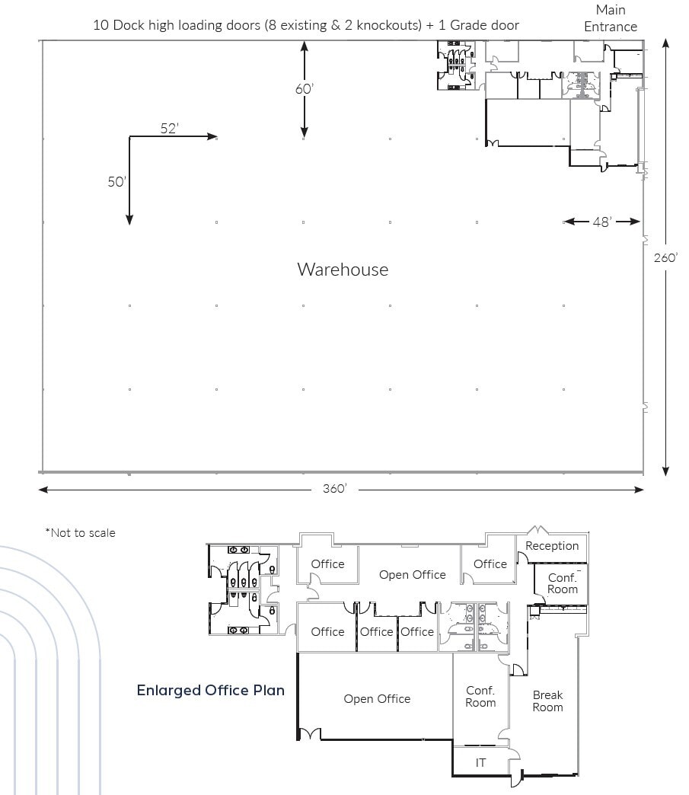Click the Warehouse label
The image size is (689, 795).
pos(343,270)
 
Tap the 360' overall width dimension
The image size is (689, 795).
pos(334,489)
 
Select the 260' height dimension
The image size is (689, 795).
pos(665,257)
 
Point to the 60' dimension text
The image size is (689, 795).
pos(305,89)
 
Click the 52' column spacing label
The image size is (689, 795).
pos(169,128)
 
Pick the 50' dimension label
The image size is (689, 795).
pos(116,182)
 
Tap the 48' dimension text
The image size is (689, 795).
pos(601,222)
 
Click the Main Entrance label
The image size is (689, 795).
pos(611,18)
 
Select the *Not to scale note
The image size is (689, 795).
pos(80,533)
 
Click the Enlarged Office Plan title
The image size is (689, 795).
pos(211,691)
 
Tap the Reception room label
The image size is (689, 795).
pos(552,546)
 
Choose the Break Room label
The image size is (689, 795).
pos(547,701)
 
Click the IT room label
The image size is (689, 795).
pos(481,762)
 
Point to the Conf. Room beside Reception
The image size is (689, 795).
pos(563,584)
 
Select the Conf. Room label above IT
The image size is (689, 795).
pos(480,697)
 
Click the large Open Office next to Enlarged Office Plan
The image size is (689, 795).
pos(377,699)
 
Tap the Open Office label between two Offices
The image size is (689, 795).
pos(412,575)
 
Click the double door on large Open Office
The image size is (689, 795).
pos(308,734)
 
